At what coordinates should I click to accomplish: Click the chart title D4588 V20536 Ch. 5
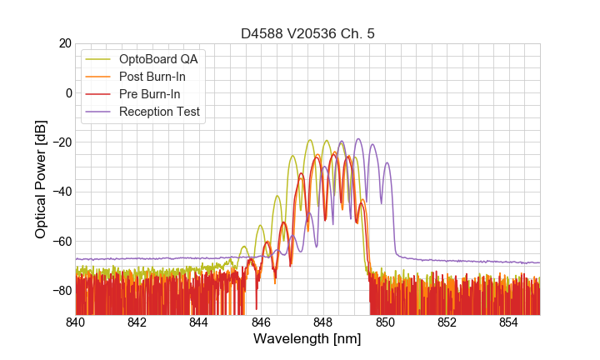pyautogui.click(x=307, y=34)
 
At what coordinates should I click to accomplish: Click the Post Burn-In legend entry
pyautogui.click(x=152, y=77)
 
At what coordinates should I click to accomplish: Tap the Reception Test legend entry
pyautogui.click(x=159, y=112)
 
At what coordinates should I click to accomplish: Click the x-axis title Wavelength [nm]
pyautogui.click(x=307, y=340)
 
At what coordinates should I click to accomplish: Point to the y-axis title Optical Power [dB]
pyautogui.click(x=40, y=179)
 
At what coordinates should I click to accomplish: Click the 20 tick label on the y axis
pyautogui.click(x=64, y=43)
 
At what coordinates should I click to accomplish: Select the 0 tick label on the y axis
pyautogui.click(x=67, y=92)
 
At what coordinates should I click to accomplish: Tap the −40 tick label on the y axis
pyautogui.click(x=61, y=192)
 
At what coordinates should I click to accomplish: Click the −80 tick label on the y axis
pyautogui.click(x=61, y=291)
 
